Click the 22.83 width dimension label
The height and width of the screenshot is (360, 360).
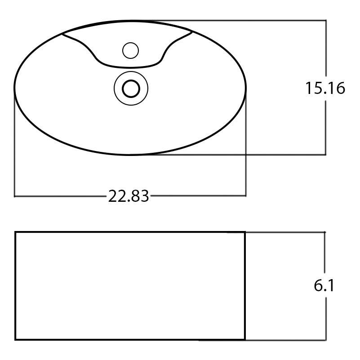click(128, 196)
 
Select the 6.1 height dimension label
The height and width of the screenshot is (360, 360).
click(324, 286)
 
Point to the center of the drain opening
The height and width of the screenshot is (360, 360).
click(131, 88)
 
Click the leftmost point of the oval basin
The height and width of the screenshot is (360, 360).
click(14, 88)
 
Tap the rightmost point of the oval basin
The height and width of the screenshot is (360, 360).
click(246, 88)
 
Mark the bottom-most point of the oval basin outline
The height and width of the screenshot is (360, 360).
click(130, 155)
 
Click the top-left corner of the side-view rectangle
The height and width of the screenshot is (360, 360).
click(16, 232)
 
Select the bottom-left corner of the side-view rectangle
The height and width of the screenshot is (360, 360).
click(16, 339)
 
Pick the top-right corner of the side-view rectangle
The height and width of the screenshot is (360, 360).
click(245, 232)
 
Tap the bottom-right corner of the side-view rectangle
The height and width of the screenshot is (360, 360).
click(245, 339)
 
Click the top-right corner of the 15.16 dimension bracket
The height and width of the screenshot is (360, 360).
click(325, 20)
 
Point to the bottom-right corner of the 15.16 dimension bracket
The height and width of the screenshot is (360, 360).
click(325, 155)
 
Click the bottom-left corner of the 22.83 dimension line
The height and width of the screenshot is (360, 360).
click(15, 196)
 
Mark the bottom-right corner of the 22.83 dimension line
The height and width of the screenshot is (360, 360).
click(246, 196)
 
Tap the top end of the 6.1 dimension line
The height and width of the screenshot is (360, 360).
click(324, 232)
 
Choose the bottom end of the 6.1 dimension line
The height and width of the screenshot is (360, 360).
click(324, 340)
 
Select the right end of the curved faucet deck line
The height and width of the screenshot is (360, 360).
click(192, 32)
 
